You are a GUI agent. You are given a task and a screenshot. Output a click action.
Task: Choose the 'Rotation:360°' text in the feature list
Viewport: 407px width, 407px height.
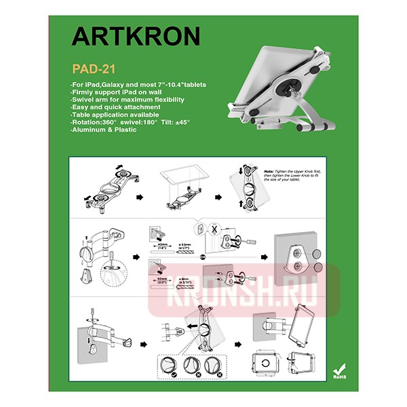tap(94, 122)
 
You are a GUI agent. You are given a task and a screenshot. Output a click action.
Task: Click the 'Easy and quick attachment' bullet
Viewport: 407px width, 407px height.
tap(115, 107)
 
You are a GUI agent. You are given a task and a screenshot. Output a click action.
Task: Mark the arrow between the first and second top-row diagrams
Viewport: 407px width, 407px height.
tap(139, 197)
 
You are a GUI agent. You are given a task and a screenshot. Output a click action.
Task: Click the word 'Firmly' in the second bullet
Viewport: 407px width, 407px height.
tap(81, 92)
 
